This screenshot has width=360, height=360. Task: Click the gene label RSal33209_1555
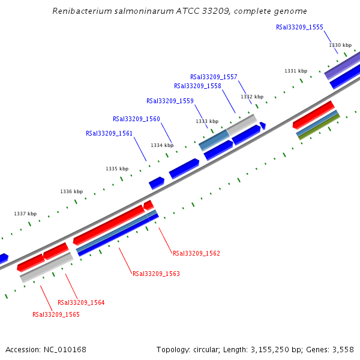click(299, 27)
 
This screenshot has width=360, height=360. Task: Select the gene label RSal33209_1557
click(214, 77)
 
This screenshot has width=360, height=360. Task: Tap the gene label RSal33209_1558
click(197, 86)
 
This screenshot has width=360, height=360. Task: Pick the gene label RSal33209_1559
click(170, 101)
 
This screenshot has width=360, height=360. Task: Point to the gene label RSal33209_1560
click(136, 119)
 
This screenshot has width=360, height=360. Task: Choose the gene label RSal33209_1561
click(109, 133)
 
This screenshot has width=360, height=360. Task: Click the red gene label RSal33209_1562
click(196, 253)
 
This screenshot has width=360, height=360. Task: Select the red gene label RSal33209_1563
click(156, 274)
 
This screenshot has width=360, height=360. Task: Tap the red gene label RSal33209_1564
click(81, 302)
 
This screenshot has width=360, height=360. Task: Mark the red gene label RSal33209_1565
click(56, 314)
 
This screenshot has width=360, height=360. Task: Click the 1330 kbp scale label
click(340, 45)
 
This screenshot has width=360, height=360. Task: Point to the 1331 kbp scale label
click(295, 71)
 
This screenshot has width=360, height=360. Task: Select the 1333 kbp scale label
click(207, 121)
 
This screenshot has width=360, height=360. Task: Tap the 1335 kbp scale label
click(117, 169)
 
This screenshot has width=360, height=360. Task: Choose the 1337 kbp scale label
click(25, 214)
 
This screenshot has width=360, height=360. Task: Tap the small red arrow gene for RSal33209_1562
click(148, 206)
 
